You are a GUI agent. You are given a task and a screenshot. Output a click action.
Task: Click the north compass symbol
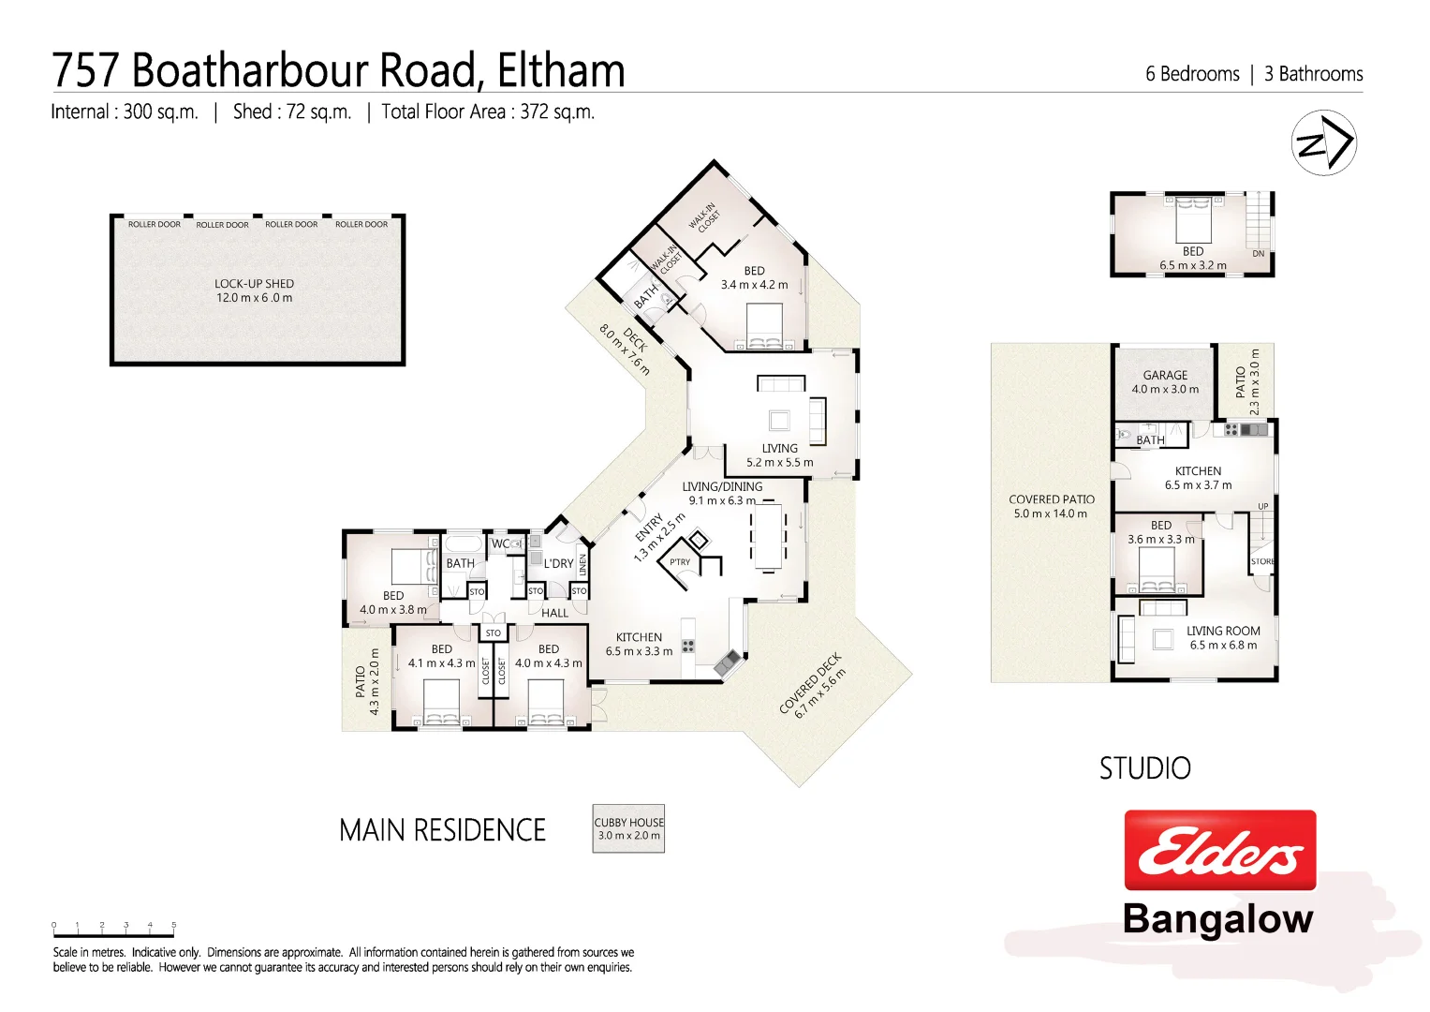point(1323,142)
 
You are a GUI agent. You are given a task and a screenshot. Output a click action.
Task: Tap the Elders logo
point(1219,850)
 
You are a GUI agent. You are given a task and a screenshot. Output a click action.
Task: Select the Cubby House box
point(628,828)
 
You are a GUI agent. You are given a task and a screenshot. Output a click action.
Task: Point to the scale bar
point(113,930)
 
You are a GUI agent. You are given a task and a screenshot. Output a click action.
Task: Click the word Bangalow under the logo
point(1217,919)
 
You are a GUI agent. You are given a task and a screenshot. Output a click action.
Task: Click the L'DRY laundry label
point(558,563)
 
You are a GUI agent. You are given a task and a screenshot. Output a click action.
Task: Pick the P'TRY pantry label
point(680,562)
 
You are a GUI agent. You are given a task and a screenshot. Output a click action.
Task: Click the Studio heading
point(1144,769)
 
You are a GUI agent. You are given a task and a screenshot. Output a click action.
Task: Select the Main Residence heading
point(442,830)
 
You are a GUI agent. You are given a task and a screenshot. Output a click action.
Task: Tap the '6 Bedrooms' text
point(1191,74)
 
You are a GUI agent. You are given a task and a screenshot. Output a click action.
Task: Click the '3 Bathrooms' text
point(1313,74)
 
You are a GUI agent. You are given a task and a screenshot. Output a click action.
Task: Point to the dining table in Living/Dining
point(769,537)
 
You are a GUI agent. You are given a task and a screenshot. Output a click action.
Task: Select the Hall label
point(554,613)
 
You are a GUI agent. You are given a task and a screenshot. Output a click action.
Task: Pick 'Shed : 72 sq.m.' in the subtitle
point(292,112)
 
